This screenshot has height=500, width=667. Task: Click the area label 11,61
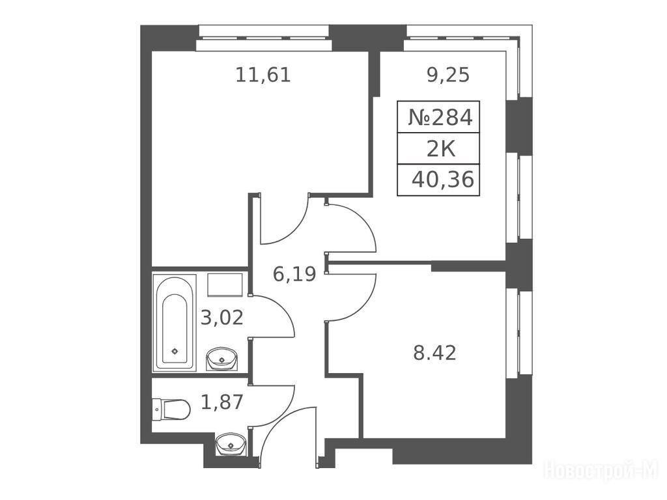[x=263, y=75]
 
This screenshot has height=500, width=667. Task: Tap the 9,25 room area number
[x=448, y=75]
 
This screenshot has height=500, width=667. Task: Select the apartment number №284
[x=440, y=117]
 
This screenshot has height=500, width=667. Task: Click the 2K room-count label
[x=441, y=149]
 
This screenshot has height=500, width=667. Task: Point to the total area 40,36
[x=443, y=180]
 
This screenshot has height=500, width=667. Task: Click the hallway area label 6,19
[x=294, y=274]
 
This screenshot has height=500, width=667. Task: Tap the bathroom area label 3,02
[x=221, y=317]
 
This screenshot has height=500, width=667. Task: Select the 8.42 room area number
[x=434, y=353]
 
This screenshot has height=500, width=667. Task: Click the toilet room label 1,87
[x=221, y=402]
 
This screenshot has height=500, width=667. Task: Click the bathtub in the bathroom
[x=175, y=322]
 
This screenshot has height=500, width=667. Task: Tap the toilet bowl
[x=171, y=410]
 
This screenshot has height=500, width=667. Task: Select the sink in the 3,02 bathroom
[x=221, y=359]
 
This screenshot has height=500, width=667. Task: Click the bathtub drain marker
[x=175, y=351]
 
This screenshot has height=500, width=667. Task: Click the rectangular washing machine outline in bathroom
[x=225, y=285]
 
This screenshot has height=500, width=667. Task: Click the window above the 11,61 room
[x=264, y=38]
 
